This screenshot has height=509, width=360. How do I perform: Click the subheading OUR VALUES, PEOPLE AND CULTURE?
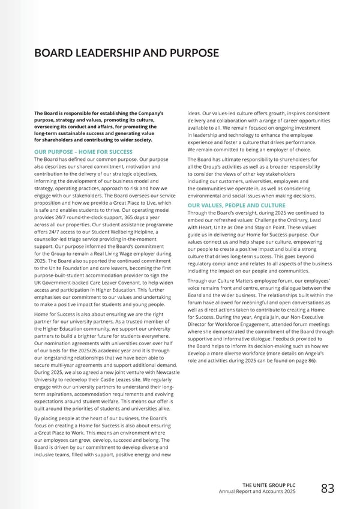227,205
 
